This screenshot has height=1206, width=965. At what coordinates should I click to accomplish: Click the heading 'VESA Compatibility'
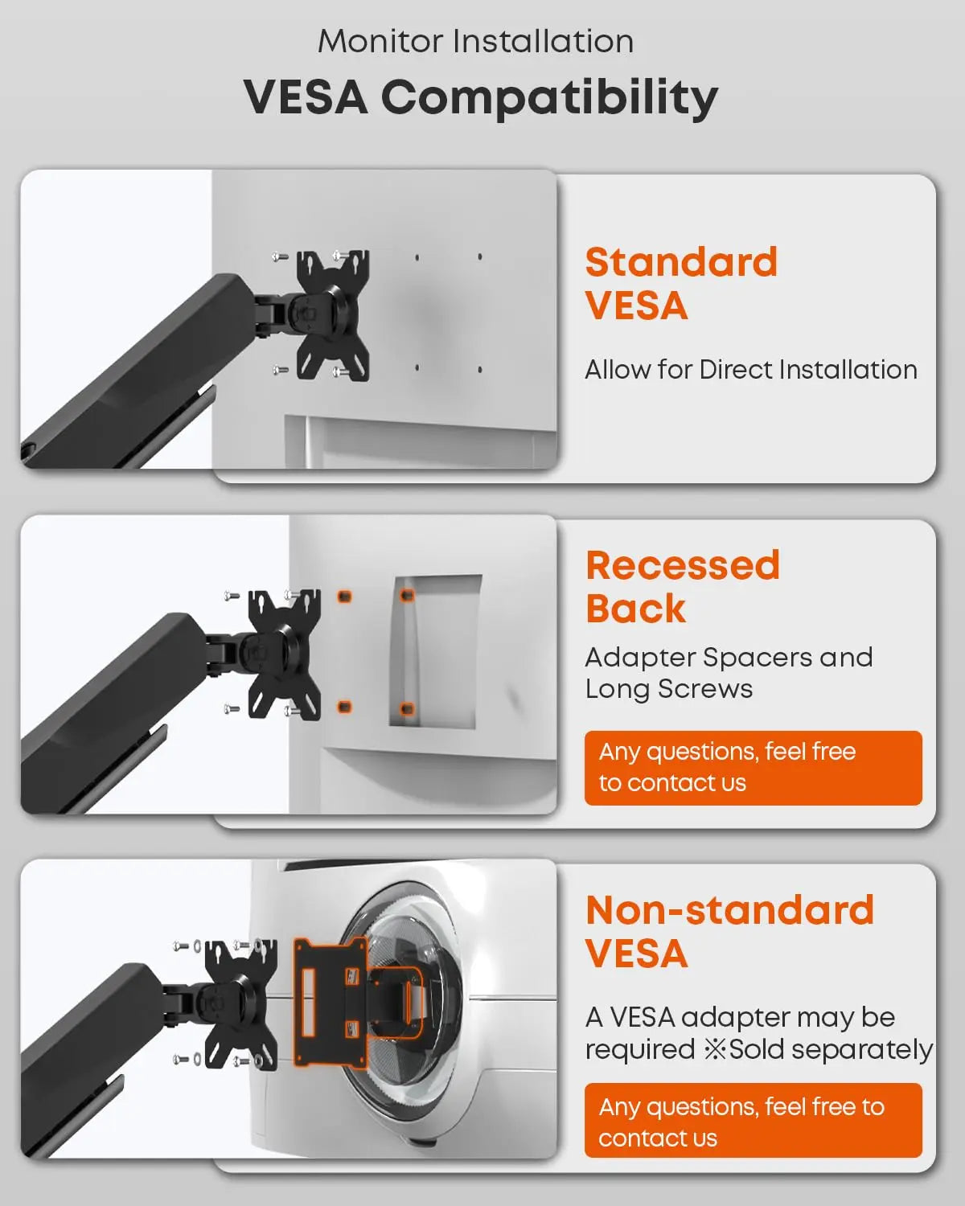[481, 97]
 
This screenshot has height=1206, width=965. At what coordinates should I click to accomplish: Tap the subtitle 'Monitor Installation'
[475, 42]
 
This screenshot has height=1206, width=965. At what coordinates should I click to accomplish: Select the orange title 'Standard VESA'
[681, 283]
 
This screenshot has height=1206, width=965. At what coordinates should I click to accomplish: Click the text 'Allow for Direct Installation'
[751, 370]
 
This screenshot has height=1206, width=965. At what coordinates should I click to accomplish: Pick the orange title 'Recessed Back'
[683, 586]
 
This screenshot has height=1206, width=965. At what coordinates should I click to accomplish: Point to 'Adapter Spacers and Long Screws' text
[729, 672]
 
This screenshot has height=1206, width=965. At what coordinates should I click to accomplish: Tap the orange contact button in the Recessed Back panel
[753, 768]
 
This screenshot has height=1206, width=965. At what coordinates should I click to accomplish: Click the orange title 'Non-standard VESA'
[729, 931]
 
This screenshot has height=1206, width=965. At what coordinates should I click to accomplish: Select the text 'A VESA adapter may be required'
[740, 1033]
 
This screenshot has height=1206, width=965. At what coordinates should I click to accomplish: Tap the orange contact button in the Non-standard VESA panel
[753, 1120]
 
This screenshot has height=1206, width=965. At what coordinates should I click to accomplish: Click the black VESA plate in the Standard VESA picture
[333, 315]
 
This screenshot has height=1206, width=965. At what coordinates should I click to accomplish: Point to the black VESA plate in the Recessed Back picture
[285, 654]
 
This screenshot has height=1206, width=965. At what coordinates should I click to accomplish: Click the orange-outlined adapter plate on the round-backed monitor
[331, 1002]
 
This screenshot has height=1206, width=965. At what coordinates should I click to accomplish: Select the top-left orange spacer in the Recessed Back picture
[344, 597]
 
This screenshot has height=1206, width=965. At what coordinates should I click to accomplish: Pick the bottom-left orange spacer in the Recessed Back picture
[344, 706]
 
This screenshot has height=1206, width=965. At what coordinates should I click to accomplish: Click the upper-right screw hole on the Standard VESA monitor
[479, 256]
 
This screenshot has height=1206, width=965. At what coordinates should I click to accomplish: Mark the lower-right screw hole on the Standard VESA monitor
[479, 370]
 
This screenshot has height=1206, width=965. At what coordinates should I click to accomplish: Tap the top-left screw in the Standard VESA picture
[280, 256]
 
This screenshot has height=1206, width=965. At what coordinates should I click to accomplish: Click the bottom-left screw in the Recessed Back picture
[232, 709]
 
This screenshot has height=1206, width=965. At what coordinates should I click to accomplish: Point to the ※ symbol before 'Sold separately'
[715, 1048]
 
